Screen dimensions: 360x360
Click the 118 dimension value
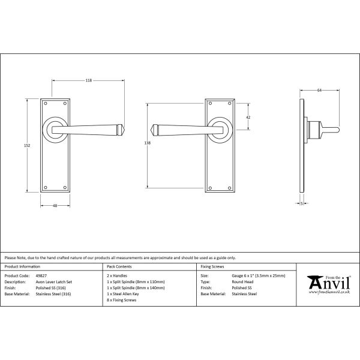tap(89, 80)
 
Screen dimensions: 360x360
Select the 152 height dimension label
tap(27, 146)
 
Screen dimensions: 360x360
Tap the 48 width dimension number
tap(55, 206)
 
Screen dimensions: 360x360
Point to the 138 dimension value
tap(148, 143)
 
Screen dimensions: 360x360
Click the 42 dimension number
tap(248, 118)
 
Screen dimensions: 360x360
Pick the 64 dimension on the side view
tap(319, 91)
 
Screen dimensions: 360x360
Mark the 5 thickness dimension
tap(302, 203)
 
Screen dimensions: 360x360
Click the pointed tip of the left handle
tap(124, 130)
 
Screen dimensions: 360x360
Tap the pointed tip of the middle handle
tap(151, 130)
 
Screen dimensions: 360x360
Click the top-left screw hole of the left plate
tap(46, 104)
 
